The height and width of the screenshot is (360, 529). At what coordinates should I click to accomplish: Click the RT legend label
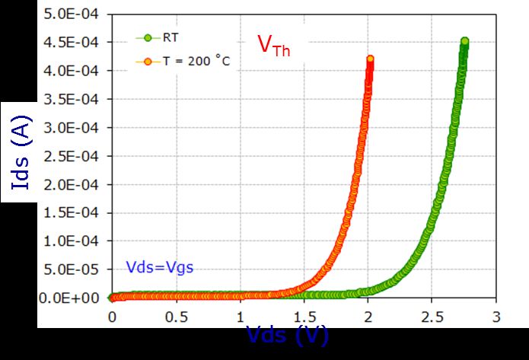[167, 37]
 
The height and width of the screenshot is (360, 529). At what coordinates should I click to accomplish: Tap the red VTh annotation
[273, 46]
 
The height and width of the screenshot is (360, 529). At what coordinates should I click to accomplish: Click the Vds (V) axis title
[287, 335]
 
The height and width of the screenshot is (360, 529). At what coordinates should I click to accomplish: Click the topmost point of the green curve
[464, 42]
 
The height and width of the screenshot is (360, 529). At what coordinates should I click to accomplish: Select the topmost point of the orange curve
[371, 59]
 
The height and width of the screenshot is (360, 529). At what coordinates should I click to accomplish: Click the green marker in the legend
[148, 37]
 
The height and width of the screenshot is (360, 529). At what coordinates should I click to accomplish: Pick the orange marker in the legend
[148, 61]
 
